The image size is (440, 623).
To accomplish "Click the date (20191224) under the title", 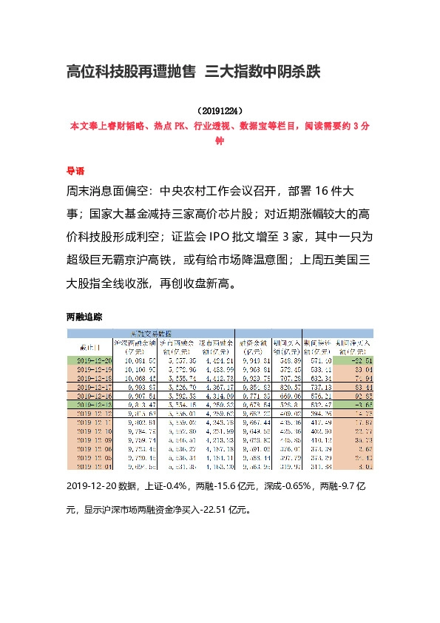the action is click(x=220, y=110).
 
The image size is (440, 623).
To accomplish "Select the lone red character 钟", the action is click(x=219, y=140).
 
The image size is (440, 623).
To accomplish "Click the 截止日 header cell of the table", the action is click(x=88, y=347).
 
